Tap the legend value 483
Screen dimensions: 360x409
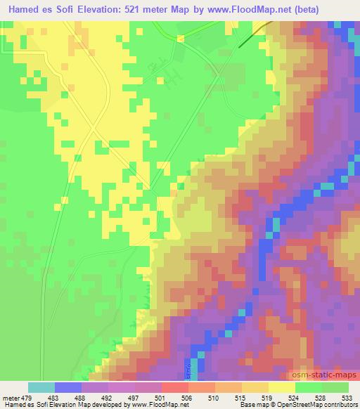(56, 397)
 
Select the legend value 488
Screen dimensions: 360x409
(82, 397)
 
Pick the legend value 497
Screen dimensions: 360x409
(135, 397)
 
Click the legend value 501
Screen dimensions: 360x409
(162, 397)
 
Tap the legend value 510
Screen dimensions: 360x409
(215, 397)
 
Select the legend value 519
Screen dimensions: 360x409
(269, 397)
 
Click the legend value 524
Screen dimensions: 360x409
(295, 397)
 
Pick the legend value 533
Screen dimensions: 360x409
(348, 397)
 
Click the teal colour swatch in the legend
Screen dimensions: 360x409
(41, 387)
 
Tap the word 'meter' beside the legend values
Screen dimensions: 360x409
(10, 397)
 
